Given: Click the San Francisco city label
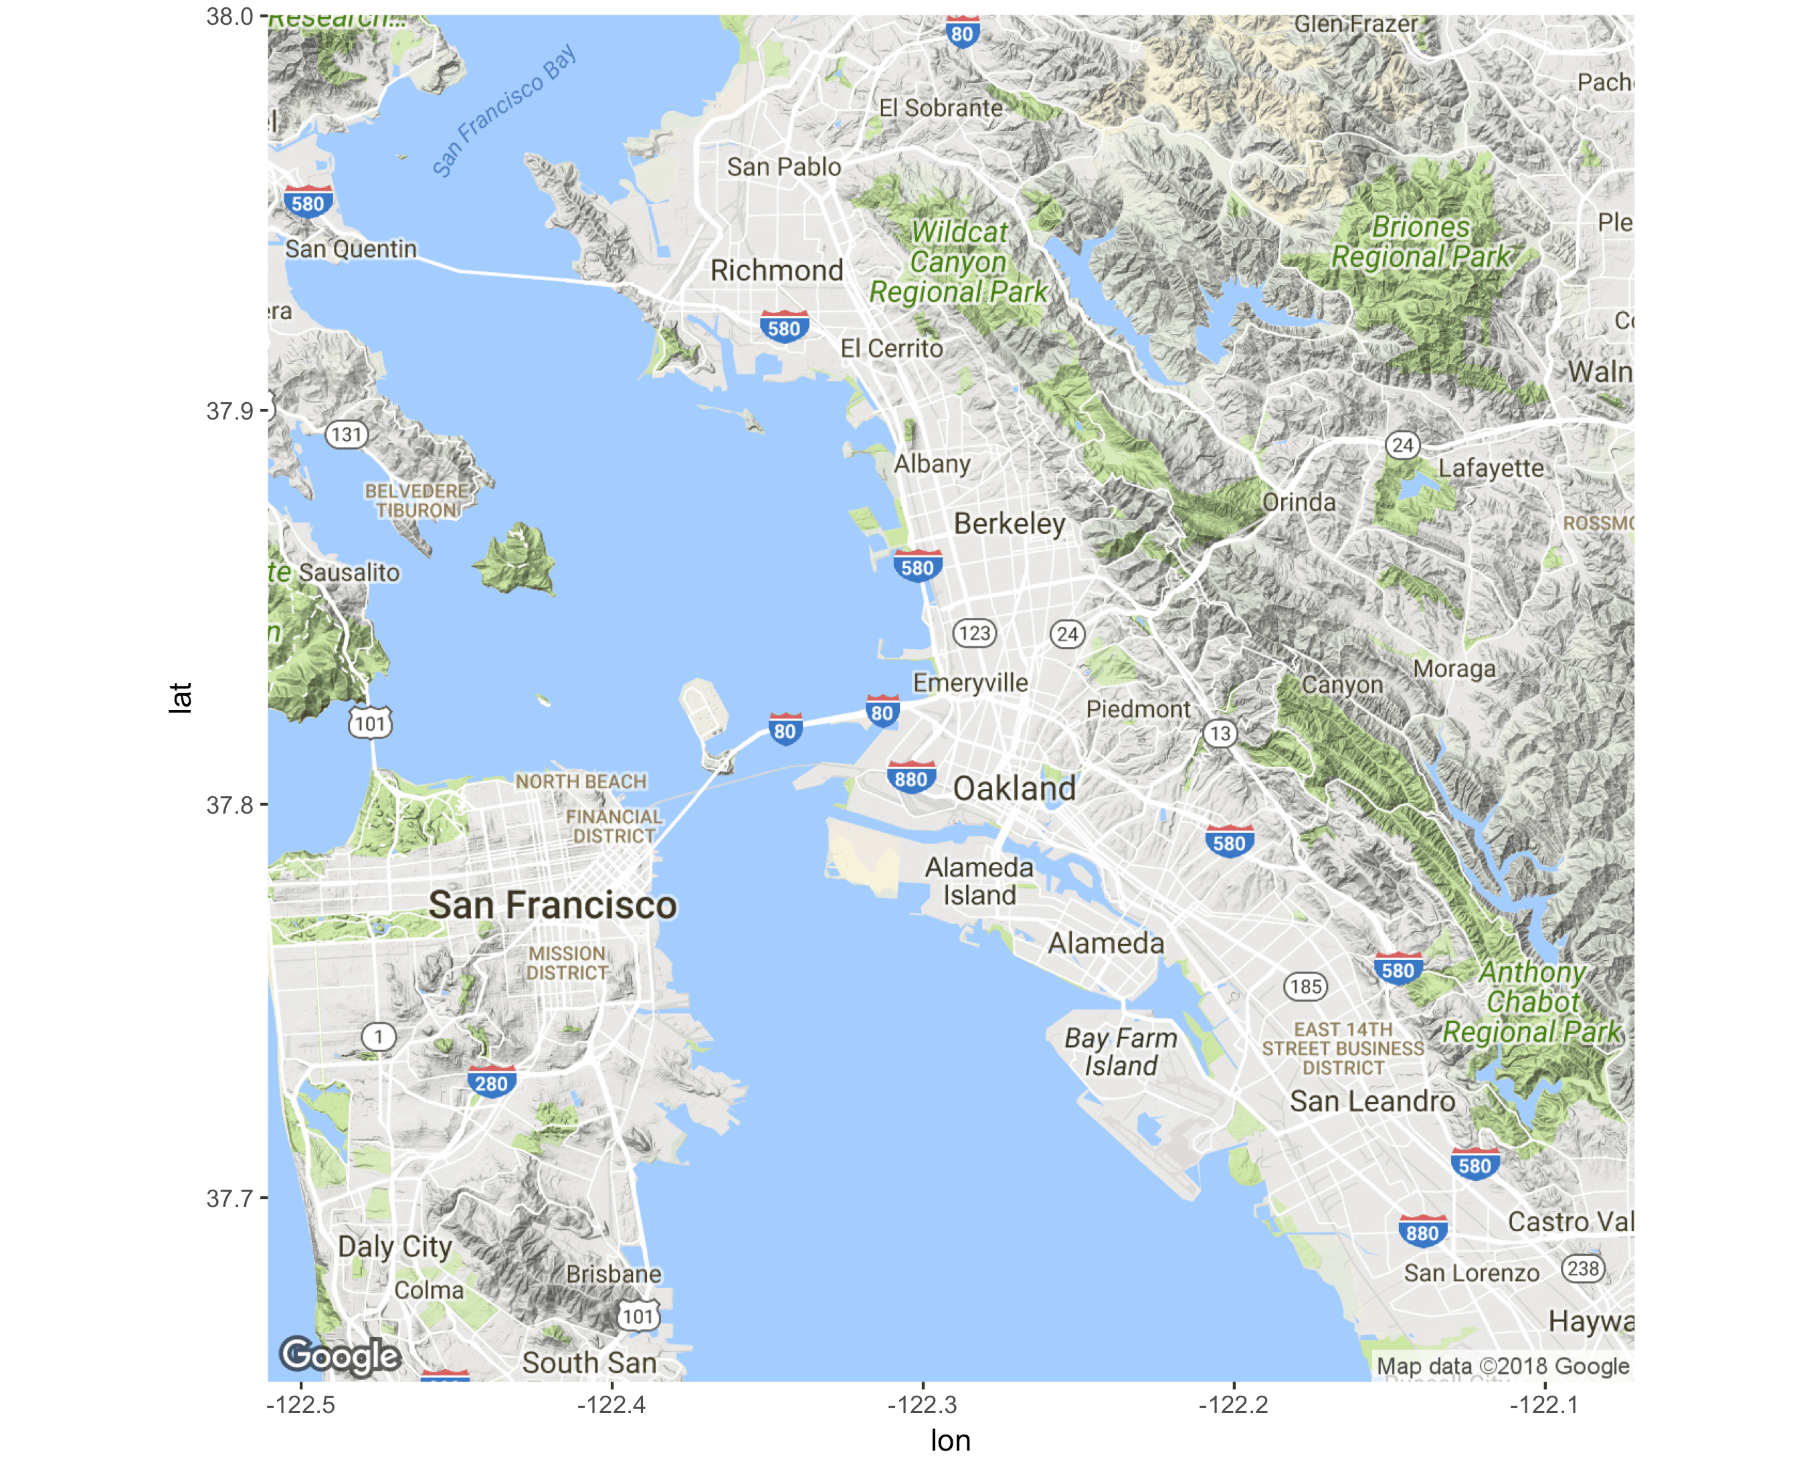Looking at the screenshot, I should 553,905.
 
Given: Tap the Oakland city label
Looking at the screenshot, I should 1014,789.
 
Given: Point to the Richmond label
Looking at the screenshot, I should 776,270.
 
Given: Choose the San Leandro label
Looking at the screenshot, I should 1371,1101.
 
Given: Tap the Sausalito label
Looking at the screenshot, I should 349,573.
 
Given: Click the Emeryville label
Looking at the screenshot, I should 970,682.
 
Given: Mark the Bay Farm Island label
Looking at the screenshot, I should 1120,1051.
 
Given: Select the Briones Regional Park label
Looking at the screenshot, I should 1421,242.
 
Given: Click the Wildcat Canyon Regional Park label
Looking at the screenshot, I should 959,262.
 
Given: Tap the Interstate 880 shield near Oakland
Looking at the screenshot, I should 911,777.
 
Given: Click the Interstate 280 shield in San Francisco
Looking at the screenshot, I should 492,1083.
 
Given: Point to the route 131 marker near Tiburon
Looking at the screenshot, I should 347,435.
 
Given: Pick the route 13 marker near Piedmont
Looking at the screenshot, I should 1220,733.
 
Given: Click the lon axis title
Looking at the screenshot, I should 950,1441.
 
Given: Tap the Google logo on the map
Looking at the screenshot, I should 341,1356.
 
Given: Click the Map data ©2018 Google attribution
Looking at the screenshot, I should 1503,1366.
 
